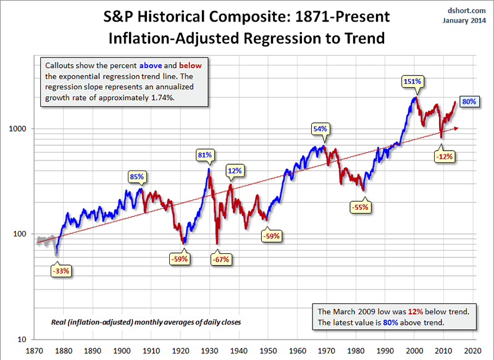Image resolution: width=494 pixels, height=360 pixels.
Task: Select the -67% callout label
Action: point(222,259)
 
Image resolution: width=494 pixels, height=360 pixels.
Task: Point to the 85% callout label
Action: point(136,177)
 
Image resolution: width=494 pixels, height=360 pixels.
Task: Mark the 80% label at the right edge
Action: point(469,101)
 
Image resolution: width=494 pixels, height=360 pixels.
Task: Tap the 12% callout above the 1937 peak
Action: point(234,170)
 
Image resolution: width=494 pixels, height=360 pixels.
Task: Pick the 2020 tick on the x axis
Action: point(473,350)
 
